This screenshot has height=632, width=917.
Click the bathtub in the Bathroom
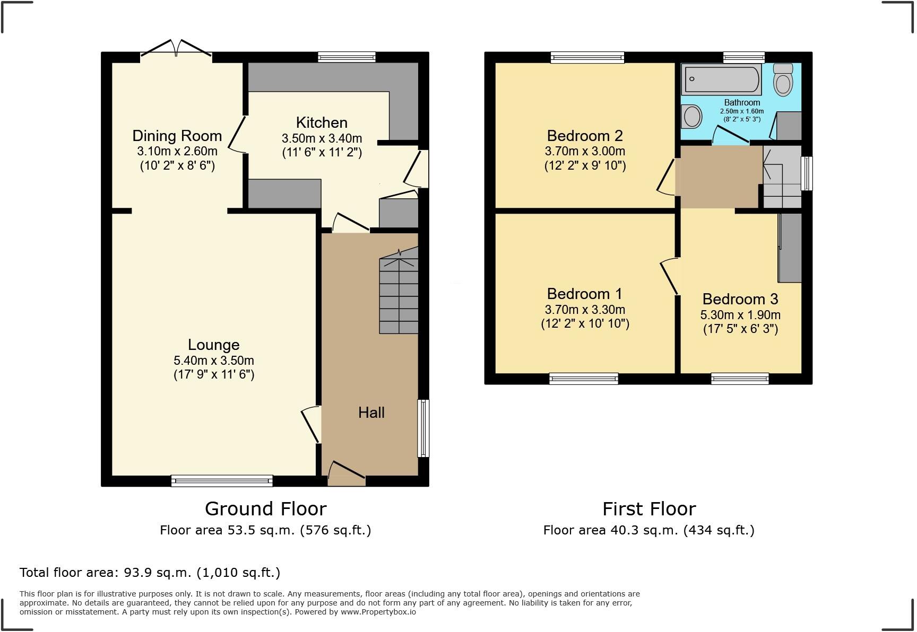tap(721, 79)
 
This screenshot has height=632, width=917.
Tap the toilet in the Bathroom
tap(783, 80)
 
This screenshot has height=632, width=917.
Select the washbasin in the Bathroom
tap(691, 116)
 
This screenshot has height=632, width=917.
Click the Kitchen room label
tap(322, 122)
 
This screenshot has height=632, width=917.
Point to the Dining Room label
tap(177, 136)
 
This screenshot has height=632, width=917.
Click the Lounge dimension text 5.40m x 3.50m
tap(214, 361)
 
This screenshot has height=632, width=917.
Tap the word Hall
tap(371, 412)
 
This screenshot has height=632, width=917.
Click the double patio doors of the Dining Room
tap(176, 48)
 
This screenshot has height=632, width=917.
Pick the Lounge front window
tap(222, 481)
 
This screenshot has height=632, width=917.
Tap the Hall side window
tap(423, 428)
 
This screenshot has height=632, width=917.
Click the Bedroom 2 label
tap(585, 136)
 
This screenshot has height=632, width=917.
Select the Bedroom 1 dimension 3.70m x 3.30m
tap(585, 310)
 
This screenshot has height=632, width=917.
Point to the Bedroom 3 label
tap(740, 299)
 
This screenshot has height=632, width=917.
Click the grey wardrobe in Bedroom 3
tap(790, 248)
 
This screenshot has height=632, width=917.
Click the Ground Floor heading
tap(265, 509)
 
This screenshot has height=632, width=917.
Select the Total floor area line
tap(150, 573)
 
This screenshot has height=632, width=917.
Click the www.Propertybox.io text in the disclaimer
tap(378, 612)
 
